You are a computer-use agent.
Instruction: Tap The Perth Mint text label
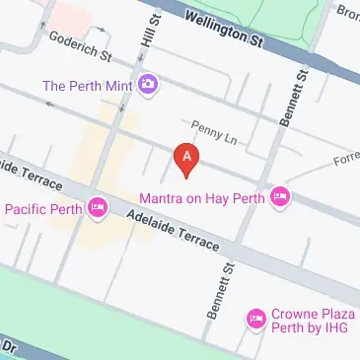pyautogui.click(x=87, y=85)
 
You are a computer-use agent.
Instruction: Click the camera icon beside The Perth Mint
pyautogui.click(x=148, y=85)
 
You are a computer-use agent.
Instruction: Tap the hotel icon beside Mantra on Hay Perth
pyautogui.click(x=280, y=197)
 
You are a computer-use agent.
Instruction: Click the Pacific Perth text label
pyautogui.click(x=41, y=208)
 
